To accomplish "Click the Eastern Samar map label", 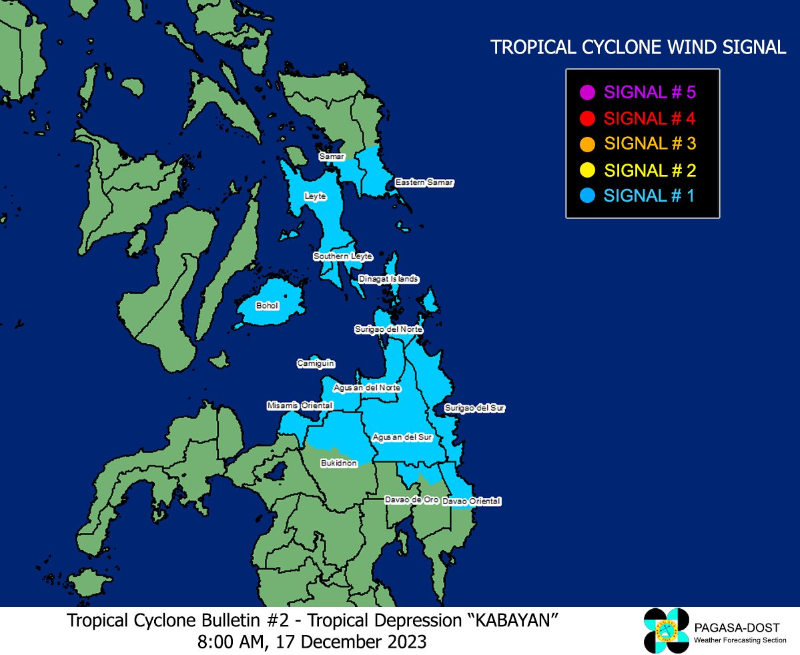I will (424, 182).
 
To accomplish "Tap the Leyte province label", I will (315, 196).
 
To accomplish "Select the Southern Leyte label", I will (343, 256).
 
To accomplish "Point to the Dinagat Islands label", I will (388, 278).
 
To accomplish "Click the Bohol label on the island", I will (267, 306).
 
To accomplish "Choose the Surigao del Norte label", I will (388, 329).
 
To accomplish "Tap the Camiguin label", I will (316, 364).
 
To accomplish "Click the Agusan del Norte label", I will (367, 387).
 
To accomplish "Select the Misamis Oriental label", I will (300, 405).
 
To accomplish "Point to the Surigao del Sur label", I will (474, 408).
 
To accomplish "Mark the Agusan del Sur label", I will (402, 437).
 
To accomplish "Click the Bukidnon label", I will (339, 463).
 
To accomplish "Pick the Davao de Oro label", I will (411, 499).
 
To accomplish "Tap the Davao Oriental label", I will (472, 501).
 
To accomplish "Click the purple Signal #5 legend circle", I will (587, 93).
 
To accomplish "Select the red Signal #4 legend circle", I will (587, 119).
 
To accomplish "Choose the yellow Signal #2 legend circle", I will (587, 170).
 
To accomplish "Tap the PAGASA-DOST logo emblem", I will (666, 630).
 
